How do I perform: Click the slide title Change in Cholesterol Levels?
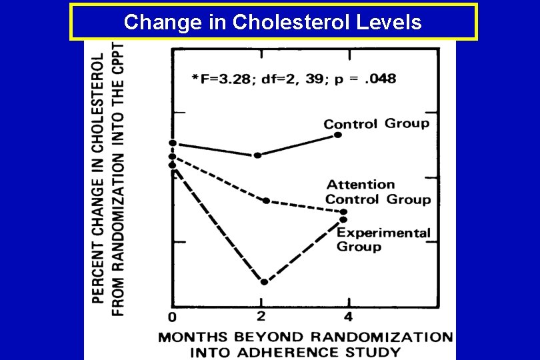point(273,22)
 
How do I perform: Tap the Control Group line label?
point(376,124)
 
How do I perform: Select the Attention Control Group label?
point(377,192)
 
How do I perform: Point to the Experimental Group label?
point(383,239)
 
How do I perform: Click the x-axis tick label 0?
point(172,316)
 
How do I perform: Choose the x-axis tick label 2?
point(261,315)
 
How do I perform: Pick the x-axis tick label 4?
point(348,315)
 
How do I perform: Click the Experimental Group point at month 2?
point(264,282)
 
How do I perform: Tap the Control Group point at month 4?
point(338,135)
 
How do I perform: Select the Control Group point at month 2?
point(258,155)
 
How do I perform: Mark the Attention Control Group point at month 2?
point(266,201)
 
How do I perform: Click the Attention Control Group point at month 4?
point(344,212)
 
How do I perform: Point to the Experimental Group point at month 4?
point(343,219)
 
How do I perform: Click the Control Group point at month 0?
point(173,143)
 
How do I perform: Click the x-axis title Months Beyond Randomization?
point(305,337)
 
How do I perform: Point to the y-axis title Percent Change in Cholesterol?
point(98,180)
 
